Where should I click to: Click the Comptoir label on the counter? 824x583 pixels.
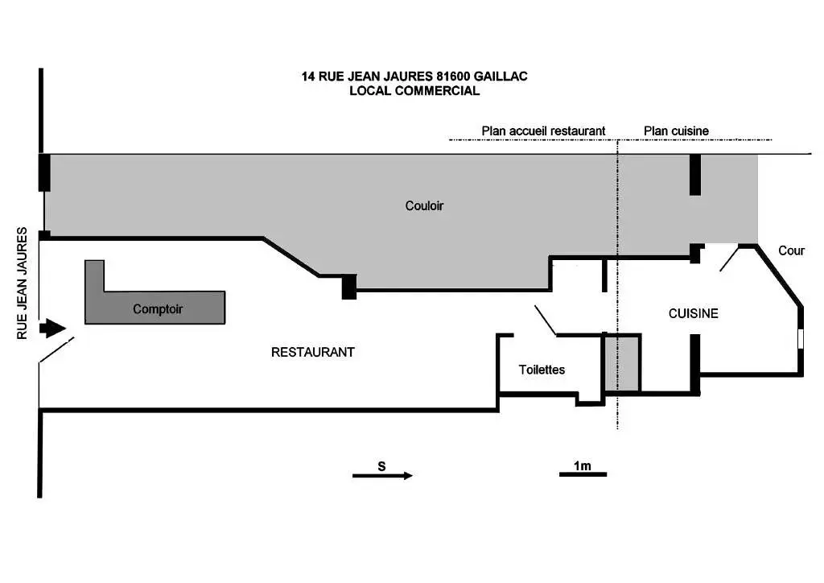pyautogui.click(x=158, y=309)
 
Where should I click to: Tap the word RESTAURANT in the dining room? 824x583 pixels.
pyautogui.click(x=313, y=352)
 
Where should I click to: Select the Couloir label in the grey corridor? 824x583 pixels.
pyautogui.click(x=424, y=205)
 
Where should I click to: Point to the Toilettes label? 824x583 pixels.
pyautogui.click(x=542, y=370)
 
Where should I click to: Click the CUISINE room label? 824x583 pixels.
pyautogui.click(x=693, y=313)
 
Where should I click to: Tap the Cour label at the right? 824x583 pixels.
pyautogui.click(x=792, y=250)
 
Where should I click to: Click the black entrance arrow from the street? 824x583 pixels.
pyautogui.click(x=52, y=328)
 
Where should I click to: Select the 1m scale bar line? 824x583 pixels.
pyautogui.click(x=583, y=474)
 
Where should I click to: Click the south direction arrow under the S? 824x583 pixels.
pyautogui.click(x=382, y=476)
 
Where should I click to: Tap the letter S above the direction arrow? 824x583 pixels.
pyautogui.click(x=381, y=465)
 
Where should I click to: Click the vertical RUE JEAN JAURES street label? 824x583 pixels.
pyautogui.click(x=22, y=283)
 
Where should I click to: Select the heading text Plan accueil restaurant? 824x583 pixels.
pyautogui.click(x=543, y=131)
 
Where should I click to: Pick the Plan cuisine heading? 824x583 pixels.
pyautogui.click(x=676, y=131)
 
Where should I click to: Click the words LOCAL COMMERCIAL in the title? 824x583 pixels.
pyautogui.click(x=414, y=90)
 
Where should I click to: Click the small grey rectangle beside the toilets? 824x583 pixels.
pyautogui.click(x=622, y=363)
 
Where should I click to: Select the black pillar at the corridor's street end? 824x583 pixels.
pyautogui.click(x=45, y=172)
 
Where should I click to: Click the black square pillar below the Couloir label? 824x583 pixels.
pyautogui.click(x=349, y=287)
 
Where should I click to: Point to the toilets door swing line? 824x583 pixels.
pyautogui.click(x=546, y=320)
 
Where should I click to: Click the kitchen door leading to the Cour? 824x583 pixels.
pyautogui.click(x=729, y=260)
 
